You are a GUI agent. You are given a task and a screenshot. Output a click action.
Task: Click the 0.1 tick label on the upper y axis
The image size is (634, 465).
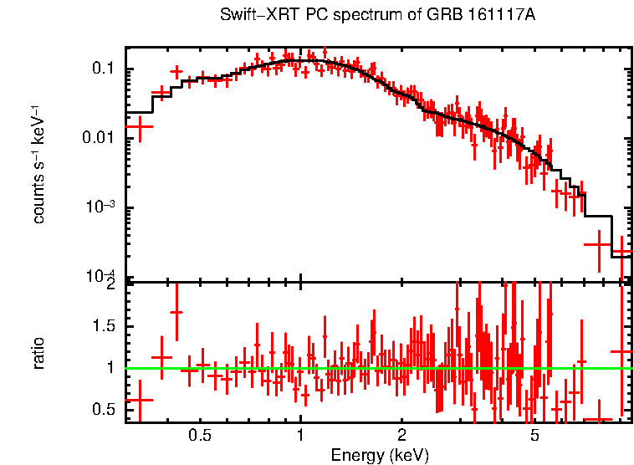104,69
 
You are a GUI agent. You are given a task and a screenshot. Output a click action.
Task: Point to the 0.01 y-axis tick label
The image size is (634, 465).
100,138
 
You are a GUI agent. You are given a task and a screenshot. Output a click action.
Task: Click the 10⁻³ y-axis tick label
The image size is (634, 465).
100,207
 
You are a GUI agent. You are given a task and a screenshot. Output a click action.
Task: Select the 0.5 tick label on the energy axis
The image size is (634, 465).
200,436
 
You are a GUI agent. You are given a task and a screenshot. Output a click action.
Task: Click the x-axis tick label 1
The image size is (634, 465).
300,436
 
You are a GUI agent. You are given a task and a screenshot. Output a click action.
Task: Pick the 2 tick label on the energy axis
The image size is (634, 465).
401,436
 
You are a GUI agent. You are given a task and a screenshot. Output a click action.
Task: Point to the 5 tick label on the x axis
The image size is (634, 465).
534,436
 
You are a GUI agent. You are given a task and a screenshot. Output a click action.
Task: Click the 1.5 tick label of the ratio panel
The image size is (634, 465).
105,325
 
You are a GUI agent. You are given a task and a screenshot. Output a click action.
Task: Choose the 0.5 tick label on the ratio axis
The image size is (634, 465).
105,409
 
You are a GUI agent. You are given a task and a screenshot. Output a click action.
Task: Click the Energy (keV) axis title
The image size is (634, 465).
380,456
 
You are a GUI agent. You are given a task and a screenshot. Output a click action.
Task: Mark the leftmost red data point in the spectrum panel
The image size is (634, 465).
140,127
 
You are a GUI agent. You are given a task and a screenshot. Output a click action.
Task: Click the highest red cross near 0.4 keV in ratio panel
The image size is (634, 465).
176,312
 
